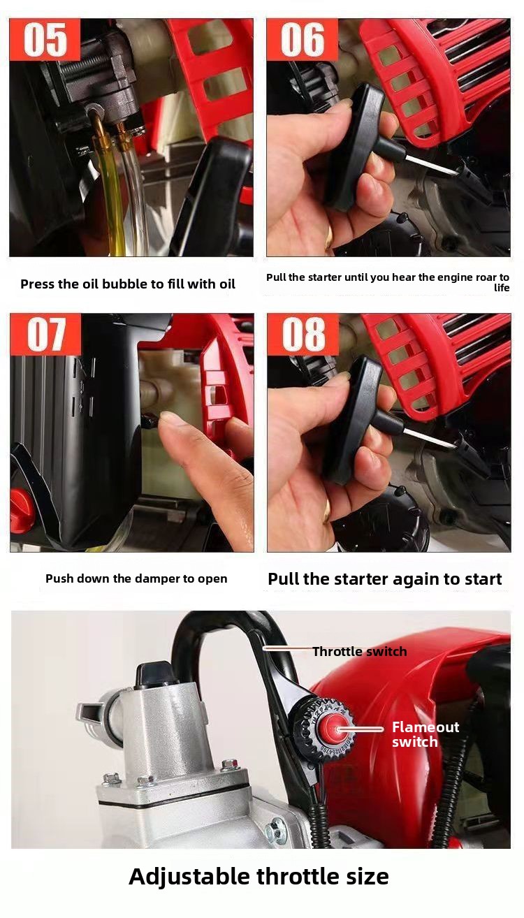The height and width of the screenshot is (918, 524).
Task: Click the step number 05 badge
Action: coord(45,39)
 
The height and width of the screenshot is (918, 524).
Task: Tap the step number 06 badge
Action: coord(303,39)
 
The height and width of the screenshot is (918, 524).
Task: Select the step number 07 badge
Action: coord(45,334)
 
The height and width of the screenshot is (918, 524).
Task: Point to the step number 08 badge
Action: coord(303,334)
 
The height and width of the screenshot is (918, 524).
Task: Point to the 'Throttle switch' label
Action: coord(359,652)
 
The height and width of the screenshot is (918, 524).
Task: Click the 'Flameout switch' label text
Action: coord(425,734)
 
